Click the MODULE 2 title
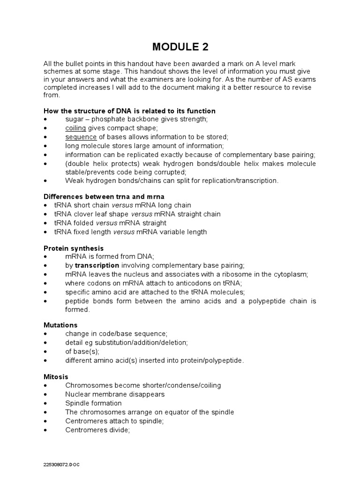[180, 47]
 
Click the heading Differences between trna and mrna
[104, 196]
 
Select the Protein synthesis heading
[74, 248]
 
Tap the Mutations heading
[60, 325]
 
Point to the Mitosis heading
[56, 376]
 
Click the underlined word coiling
[75, 128]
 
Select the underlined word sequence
[81, 137]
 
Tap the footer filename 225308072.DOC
[61, 464]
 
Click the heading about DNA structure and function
[129, 111]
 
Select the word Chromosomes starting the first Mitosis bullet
[87, 385]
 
